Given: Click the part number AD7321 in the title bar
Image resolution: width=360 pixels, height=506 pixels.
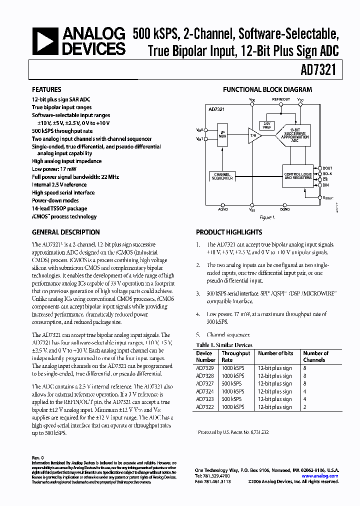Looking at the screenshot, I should [324, 71].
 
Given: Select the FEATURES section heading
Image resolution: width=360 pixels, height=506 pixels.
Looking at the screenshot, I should [47, 90].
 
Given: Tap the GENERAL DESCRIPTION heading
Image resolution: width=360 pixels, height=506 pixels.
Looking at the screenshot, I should [65, 232].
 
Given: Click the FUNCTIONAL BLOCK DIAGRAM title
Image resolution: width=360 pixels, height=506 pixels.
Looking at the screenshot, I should [267, 90].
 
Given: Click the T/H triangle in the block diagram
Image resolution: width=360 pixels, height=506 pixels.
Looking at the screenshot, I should [254, 135].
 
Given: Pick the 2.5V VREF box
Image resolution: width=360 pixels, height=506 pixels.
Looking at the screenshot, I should [266, 125].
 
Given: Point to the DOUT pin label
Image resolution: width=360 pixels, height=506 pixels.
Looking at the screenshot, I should [327, 168].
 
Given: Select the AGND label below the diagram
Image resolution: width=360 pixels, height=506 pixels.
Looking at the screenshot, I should [223, 210].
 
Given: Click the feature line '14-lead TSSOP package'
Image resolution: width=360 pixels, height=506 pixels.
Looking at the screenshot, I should [59, 208].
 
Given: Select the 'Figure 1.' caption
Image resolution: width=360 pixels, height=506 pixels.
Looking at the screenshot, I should [266, 217].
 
